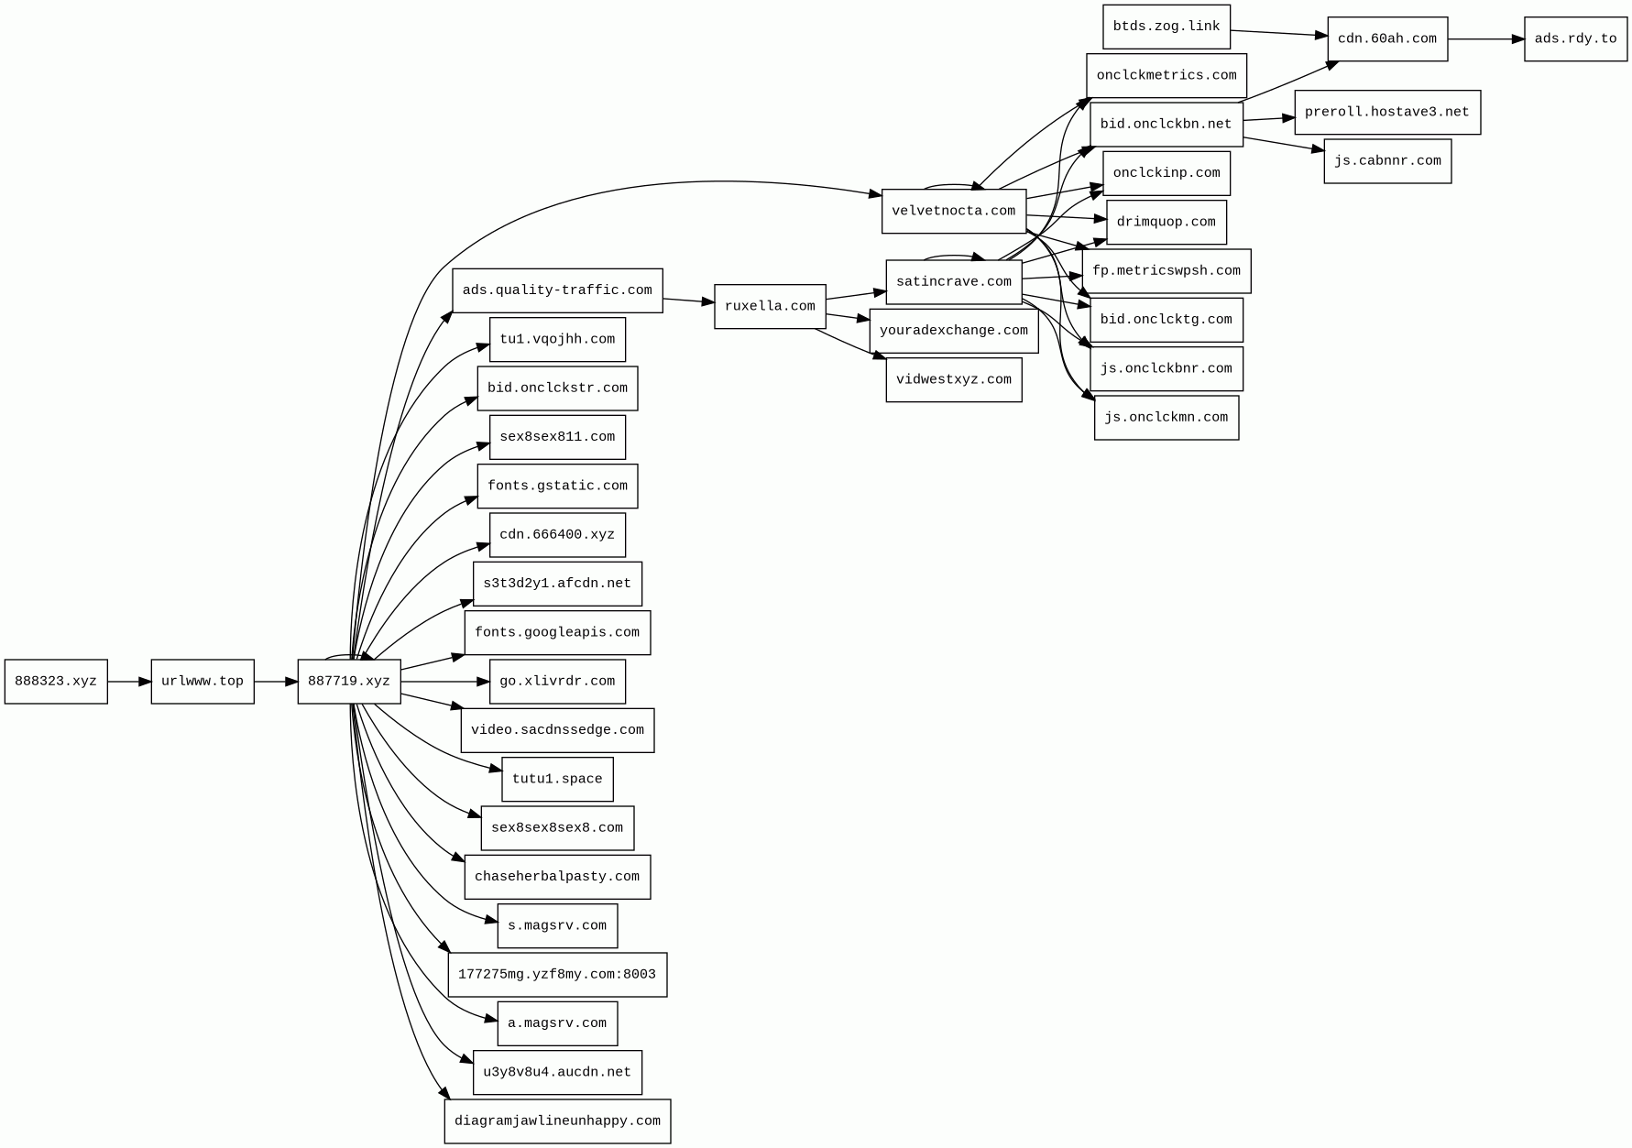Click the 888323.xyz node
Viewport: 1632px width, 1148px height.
click(56, 682)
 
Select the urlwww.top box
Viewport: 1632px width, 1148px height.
click(203, 682)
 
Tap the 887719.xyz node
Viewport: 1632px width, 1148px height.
click(349, 682)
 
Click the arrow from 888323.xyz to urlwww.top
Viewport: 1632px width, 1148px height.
click(129, 682)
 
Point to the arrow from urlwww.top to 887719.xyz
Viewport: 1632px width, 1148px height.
click(276, 682)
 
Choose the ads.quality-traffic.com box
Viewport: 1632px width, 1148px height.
click(557, 290)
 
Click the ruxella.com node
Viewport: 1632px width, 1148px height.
click(770, 306)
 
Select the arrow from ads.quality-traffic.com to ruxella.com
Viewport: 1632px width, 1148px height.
click(688, 301)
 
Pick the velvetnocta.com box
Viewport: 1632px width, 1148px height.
click(954, 212)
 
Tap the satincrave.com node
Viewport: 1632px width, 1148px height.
click(954, 282)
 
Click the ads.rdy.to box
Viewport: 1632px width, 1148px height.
click(1575, 39)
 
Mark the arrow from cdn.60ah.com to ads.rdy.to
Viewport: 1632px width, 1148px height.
click(1485, 39)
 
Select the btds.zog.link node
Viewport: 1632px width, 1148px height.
click(1166, 27)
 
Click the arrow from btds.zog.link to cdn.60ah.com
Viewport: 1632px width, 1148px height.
click(1278, 33)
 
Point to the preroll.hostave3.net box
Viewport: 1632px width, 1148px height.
click(1386, 113)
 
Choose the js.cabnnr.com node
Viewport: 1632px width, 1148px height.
click(1387, 161)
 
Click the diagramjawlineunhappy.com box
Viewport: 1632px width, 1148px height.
click(557, 1121)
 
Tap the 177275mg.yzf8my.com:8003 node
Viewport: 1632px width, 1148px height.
click(557, 975)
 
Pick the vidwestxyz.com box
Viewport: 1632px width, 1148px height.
click(954, 379)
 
